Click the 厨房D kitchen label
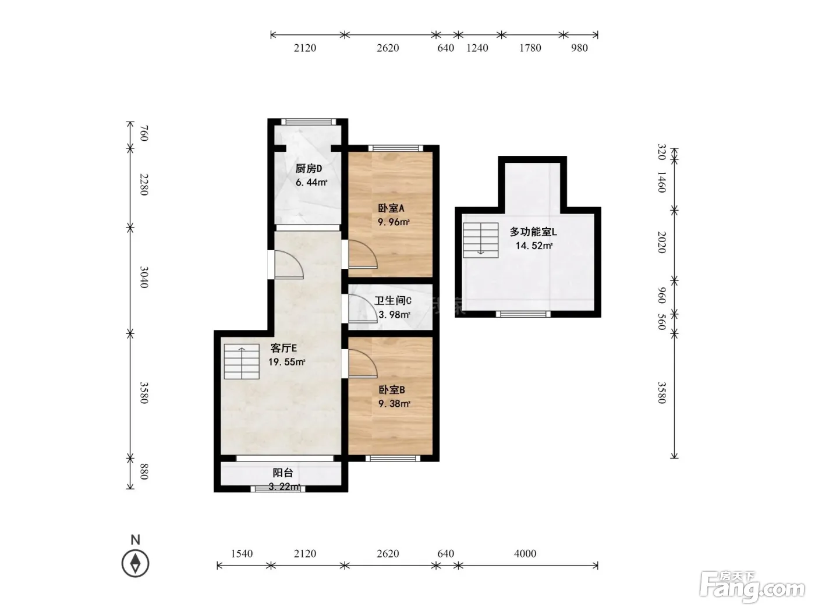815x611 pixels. (x=309, y=169)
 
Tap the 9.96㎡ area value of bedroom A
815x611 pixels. (x=394, y=222)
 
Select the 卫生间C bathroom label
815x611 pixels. (x=393, y=300)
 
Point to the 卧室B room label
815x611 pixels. (x=392, y=390)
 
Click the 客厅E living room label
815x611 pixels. (x=284, y=348)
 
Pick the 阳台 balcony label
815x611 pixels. (x=283, y=473)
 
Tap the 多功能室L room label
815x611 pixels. (x=533, y=232)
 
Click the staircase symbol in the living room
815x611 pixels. (x=242, y=361)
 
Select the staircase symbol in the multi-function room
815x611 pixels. (x=480, y=240)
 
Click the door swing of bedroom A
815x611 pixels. (x=363, y=254)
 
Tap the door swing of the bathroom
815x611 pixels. (x=363, y=308)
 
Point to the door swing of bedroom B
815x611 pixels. (x=363, y=364)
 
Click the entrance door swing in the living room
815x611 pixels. (x=289, y=265)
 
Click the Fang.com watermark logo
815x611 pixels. (x=752, y=587)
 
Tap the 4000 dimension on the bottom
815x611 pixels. (x=525, y=554)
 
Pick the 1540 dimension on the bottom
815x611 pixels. (x=242, y=554)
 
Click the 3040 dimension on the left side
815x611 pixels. (x=144, y=277)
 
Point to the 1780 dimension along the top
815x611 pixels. (x=530, y=48)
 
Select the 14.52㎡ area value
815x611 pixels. (x=534, y=246)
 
